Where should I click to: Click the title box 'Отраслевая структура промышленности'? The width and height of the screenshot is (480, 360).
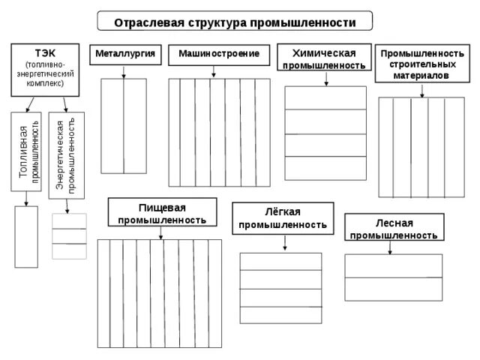(234, 22)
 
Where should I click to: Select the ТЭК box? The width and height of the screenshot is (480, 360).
(44, 68)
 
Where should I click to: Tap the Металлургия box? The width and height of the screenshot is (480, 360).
(124, 54)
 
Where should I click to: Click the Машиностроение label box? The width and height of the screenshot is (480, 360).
(218, 54)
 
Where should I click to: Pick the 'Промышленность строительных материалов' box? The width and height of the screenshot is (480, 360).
(422, 64)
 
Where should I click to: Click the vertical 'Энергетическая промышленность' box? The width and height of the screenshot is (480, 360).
(66, 155)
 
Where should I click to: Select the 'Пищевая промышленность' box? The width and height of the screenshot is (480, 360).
(162, 212)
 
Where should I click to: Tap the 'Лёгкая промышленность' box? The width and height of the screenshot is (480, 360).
(282, 217)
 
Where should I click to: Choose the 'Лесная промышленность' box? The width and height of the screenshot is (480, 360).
(394, 228)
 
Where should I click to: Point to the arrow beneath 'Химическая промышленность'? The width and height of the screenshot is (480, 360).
(325, 79)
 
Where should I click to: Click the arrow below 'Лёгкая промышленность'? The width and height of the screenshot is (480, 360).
(285, 242)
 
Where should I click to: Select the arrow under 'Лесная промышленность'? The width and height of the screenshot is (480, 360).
(390, 248)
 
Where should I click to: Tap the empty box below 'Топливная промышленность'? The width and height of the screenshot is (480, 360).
(25, 235)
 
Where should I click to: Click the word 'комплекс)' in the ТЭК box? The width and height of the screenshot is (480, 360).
(44, 83)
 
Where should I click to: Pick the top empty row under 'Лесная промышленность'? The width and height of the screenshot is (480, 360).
(393, 266)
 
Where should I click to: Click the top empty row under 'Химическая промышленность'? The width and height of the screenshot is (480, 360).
(325, 98)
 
